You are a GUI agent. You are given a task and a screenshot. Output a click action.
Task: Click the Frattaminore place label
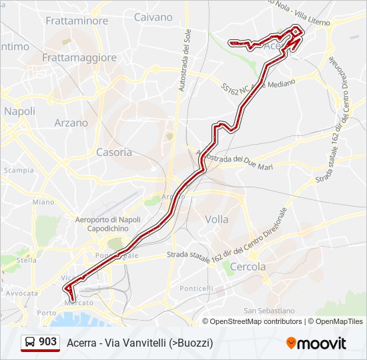(x=77, y=21)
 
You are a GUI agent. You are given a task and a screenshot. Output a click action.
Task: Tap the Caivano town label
(x=153, y=17)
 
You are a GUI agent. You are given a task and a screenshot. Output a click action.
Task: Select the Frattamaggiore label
(x=79, y=57)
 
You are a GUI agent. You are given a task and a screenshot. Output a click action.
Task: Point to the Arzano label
(x=71, y=123)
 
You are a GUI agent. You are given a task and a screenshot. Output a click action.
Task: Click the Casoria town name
(x=114, y=152)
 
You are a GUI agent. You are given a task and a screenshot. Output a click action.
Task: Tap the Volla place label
(x=217, y=219)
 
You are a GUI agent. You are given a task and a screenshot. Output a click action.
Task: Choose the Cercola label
(x=248, y=267)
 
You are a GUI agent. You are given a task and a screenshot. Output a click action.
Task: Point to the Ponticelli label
(x=196, y=288)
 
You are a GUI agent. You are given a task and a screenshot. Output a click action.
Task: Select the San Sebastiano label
(x=269, y=311)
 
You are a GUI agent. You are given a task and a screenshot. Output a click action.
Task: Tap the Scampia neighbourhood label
(x=18, y=170)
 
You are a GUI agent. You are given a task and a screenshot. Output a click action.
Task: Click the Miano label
(x=43, y=202)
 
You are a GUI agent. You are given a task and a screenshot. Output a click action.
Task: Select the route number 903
(x=47, y=342)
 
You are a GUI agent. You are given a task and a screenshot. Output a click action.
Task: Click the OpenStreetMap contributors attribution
(x=256, y=321)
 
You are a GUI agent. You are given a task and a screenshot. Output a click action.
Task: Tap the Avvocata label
(x=22, y=293)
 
